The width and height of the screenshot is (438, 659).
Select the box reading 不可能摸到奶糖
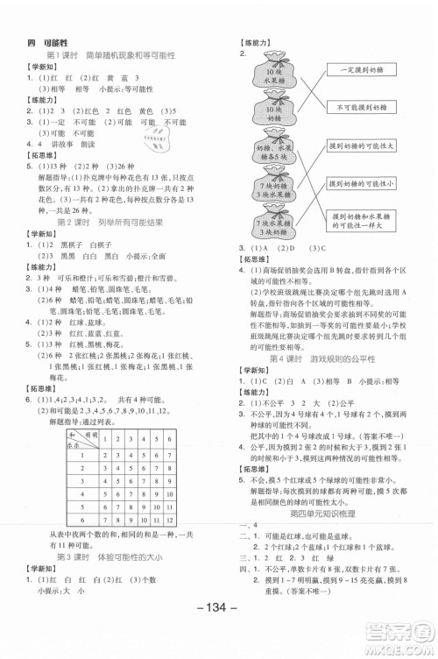361,107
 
